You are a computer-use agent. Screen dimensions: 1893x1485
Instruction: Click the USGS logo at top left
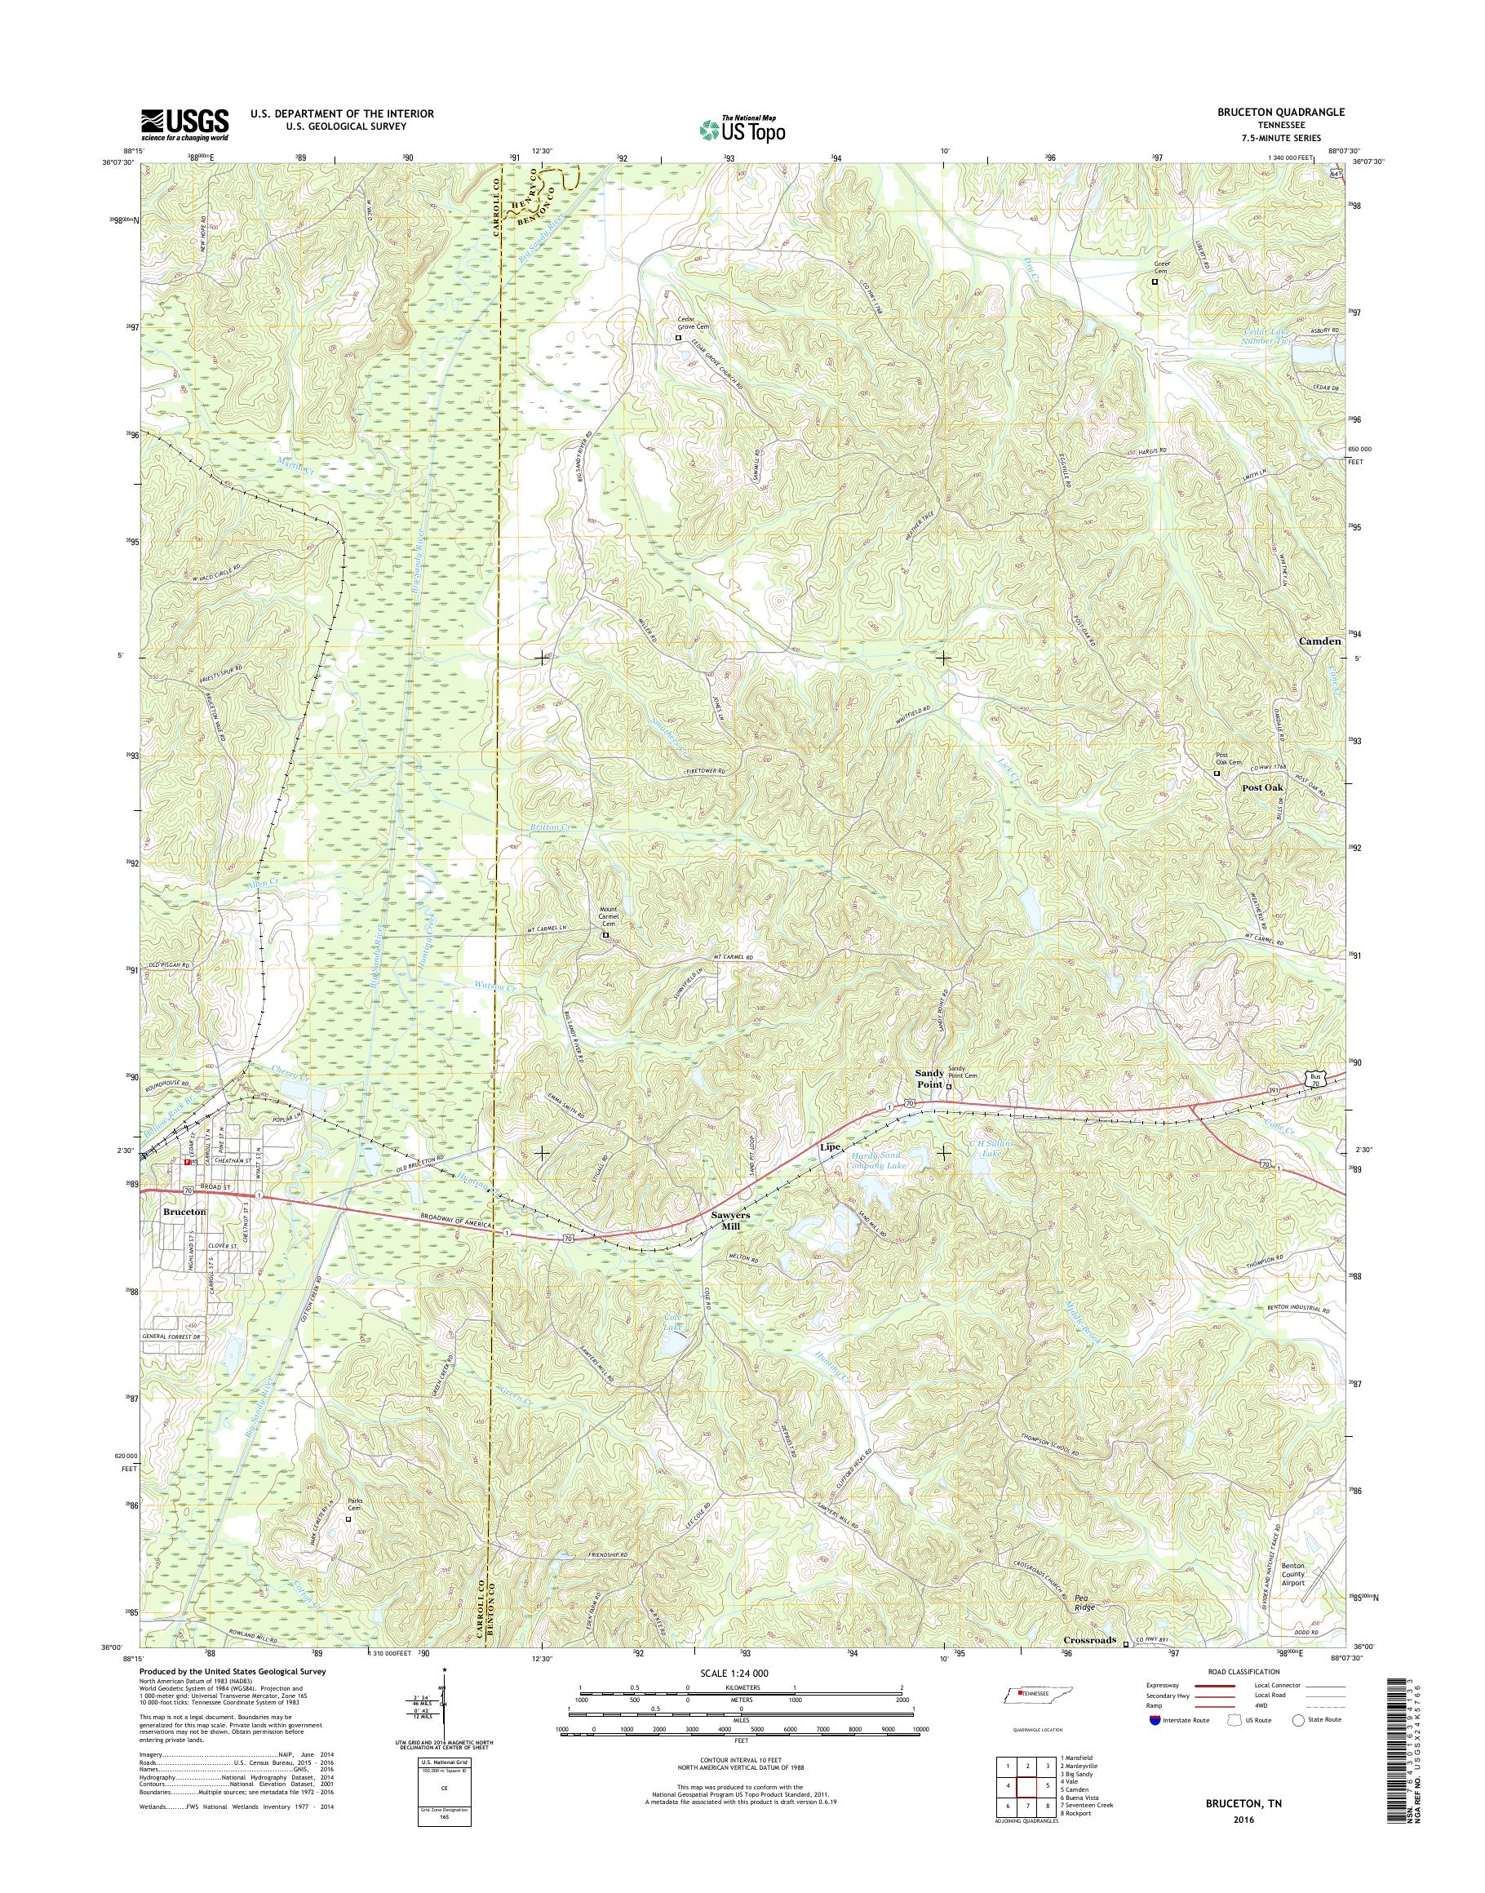[184, 124]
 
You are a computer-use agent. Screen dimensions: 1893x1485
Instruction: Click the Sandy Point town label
[929, 1078]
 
